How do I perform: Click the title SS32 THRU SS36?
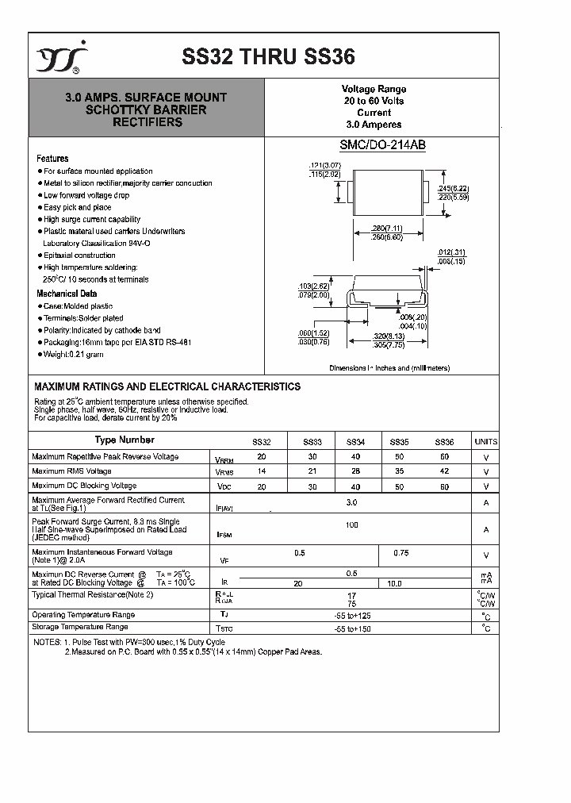click(x=269, y=56)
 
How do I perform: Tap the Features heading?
click(x=52, y=159)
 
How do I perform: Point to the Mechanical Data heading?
click(x=67, y=294)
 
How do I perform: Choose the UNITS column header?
click(x=485, y=442)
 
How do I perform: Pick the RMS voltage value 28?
click(x=355, y=471)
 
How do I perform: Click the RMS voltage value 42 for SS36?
click(x=444, y=471)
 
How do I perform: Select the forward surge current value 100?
click(x=352, y=525)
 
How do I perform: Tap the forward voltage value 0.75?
click(x=401, y=553)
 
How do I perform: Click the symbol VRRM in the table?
click(x=224, y=459)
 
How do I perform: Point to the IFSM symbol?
click(x=224, y=536)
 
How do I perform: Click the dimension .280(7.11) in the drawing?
click(x=387, y=229)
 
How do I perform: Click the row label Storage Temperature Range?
click(x=79, y=627)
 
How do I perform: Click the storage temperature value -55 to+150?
click(x=352, y=628)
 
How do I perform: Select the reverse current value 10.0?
click(x=393, y=583)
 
